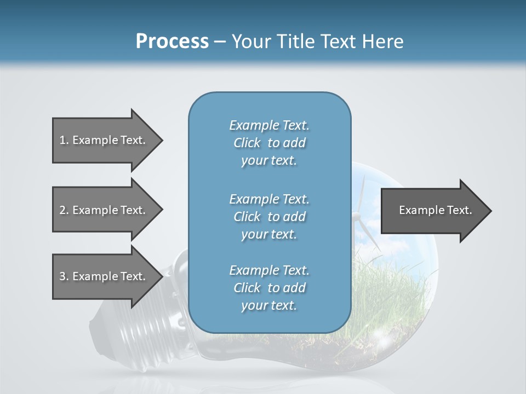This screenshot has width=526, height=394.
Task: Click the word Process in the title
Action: click(x=172, y=41)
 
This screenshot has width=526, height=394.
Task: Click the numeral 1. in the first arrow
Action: click(x=64, y=140)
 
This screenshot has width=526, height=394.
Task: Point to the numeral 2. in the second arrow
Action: click(x=64, y=210)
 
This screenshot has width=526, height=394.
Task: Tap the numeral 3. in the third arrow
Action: click(x=64, y=276)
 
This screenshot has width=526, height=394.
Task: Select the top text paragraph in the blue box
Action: click(x=269, y=143)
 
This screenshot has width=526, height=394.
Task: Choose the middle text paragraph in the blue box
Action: click(x=269, y=216)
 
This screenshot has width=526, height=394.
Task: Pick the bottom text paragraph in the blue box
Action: click(x=269, y=288)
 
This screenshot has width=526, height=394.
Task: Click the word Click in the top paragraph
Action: click(x=247, y=143)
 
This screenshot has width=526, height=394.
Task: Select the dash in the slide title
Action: click(x=220, y=42)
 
